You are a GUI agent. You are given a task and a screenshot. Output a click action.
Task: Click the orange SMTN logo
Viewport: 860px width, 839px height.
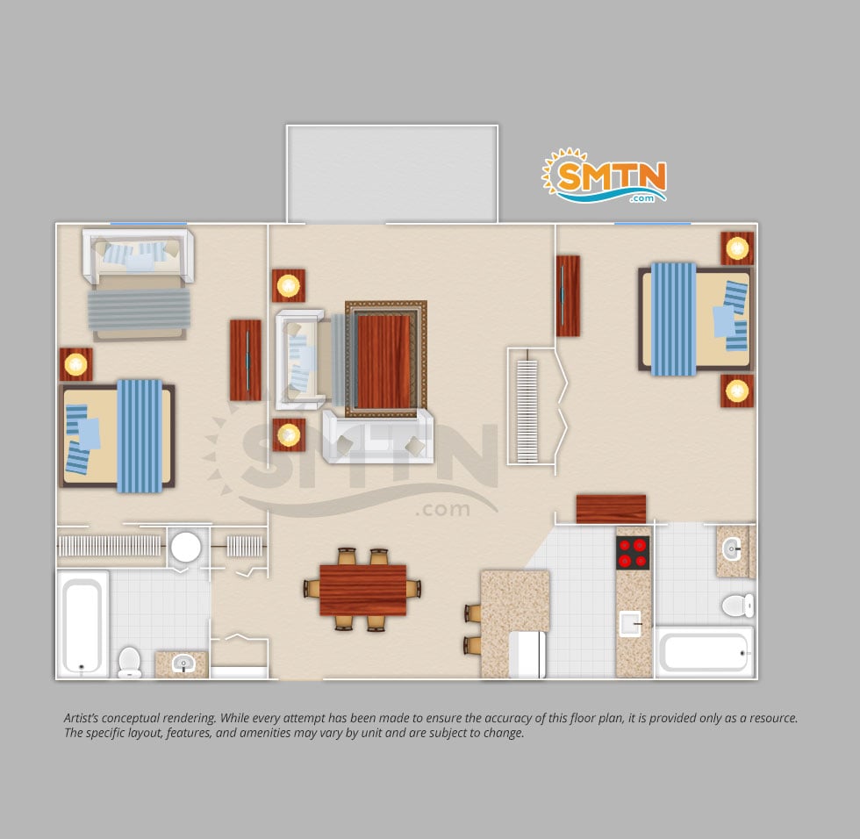605,176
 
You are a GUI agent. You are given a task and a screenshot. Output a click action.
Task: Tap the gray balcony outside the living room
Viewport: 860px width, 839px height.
391,174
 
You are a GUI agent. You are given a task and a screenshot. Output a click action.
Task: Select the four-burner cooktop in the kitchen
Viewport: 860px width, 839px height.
633,552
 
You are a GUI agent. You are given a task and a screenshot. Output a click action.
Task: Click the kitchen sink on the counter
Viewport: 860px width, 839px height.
630,623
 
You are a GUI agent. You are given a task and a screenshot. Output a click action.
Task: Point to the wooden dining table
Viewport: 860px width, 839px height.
363,590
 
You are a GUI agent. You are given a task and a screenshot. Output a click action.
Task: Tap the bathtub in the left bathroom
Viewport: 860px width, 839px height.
82,623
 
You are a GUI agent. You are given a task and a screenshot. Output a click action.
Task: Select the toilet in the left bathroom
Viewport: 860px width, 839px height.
130,662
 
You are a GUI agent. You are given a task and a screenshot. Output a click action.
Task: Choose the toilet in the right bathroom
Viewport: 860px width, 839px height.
738,606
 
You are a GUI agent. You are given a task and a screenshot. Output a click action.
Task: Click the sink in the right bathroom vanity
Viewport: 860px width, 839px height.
731,549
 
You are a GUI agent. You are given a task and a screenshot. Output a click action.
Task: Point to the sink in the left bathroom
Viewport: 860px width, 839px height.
183,664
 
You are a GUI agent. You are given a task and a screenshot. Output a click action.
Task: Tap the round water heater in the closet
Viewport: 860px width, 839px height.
186,547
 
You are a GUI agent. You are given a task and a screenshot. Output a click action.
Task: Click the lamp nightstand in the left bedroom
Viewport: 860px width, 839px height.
75,364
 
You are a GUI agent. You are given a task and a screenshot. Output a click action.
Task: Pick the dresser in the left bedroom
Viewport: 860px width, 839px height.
245,361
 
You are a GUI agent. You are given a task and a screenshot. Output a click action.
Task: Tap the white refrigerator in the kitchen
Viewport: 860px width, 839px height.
527,655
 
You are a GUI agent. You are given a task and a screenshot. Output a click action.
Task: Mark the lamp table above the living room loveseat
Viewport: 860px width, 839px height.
289,286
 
